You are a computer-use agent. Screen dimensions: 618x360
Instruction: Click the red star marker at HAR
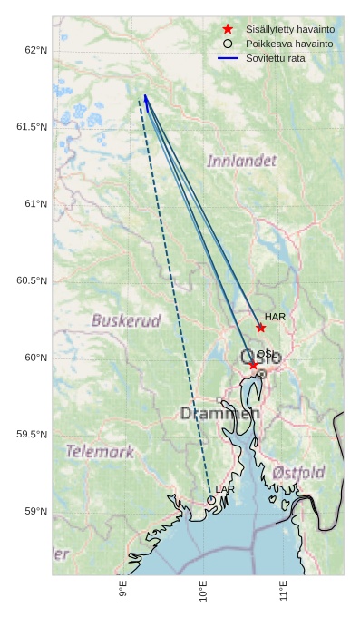260,328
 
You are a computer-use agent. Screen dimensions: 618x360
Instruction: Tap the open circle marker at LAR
211,500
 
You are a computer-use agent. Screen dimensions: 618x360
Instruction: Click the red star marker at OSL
253,365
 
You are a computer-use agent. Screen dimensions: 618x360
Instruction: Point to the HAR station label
275,317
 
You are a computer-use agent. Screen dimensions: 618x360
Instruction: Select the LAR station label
225,490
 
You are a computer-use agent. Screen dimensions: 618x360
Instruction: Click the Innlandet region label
241,161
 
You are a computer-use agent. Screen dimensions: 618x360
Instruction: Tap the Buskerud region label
126,320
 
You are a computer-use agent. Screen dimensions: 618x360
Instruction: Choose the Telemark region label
100,451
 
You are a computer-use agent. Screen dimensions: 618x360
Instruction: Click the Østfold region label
298,473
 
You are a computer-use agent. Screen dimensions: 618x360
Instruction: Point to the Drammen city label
219,414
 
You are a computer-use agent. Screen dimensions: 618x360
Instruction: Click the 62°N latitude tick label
35,50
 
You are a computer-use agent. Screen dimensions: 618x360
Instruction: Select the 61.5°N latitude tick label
32,127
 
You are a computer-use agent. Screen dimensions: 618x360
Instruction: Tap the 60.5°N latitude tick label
32,281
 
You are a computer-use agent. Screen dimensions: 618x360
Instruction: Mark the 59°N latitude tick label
35,512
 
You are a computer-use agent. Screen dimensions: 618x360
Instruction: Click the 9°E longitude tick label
122,592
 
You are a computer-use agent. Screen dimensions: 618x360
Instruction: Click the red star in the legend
228,29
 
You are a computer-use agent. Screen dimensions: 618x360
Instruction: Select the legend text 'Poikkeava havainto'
289,44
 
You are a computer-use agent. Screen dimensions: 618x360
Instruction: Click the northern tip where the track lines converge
144,94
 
